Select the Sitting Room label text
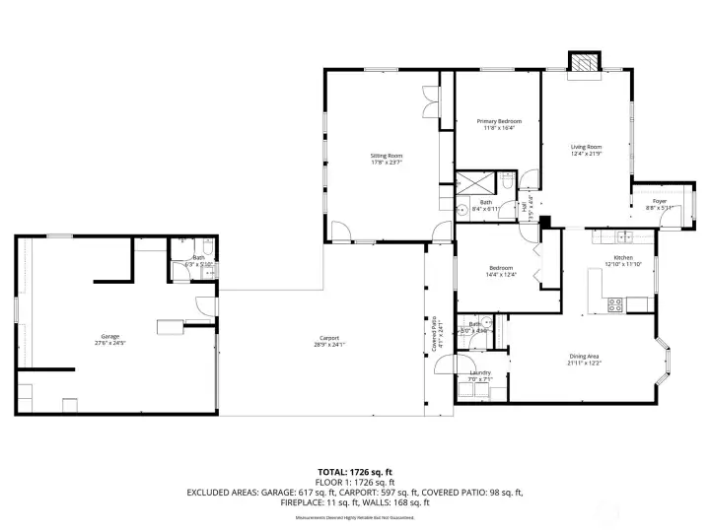tap(387, 159)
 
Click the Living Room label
tap(587, 150)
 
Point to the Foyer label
tap(659, 204)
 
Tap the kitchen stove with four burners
tap(614, 305)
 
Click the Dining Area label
tap(585, 360)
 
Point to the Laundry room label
tap(480, 375)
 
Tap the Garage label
tap(109, 340)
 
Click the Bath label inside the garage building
tap(198, 260)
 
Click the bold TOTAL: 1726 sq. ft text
tap(354, 471)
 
